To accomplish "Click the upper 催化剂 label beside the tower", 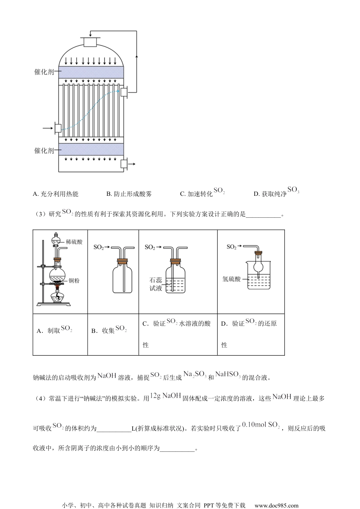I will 44,72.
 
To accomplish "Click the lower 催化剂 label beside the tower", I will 44,150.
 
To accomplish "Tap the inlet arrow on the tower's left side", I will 48,128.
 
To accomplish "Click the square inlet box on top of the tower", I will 90,42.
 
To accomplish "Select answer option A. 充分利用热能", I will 56,194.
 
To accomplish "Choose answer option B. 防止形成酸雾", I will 129,194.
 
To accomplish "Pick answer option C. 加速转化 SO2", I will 202,193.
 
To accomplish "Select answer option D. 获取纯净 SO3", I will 276,193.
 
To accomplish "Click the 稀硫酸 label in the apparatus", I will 74,242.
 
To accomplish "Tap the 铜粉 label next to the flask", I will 74,281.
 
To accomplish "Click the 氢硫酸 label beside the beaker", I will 232,279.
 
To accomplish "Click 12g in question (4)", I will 156,396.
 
